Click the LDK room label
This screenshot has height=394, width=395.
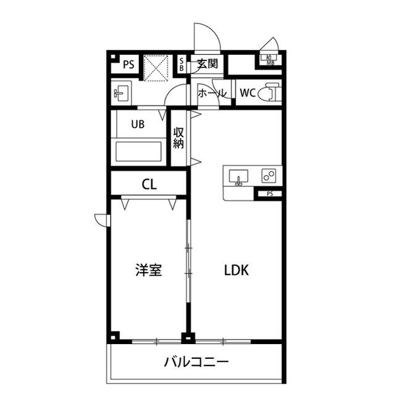tap(236, 270)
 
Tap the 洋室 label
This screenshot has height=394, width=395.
tap(149, 270)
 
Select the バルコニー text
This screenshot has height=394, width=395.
tap(196, 361)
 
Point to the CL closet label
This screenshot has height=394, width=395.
tap(149, 184)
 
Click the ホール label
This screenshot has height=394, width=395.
tap(212, 94)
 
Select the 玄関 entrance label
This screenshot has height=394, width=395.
tap(208, 64)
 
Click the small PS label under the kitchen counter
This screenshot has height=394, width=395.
tap(270, 194)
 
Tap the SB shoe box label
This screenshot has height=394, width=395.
tap(182, 64)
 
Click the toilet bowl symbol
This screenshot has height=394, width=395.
tap(267, 93)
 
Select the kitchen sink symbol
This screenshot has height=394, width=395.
tap(238, 176)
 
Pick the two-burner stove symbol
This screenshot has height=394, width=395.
tap(269, 176)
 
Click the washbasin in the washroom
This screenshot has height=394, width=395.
tap(120, 94)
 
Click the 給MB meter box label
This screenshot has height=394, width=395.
tap(270, 59)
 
